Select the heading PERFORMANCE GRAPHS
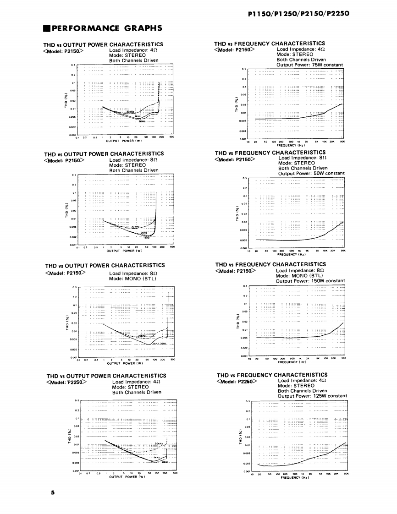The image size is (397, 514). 106,28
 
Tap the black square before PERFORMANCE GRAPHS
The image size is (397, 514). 46,28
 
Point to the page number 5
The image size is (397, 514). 53,492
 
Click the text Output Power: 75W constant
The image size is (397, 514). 309,65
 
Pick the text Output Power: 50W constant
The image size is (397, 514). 311,173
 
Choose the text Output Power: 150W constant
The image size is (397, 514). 310,281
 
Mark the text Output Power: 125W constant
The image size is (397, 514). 312,396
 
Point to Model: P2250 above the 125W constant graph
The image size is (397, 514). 238,381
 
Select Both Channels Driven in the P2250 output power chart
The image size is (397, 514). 137,392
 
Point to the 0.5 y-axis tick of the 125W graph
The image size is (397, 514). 248,401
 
